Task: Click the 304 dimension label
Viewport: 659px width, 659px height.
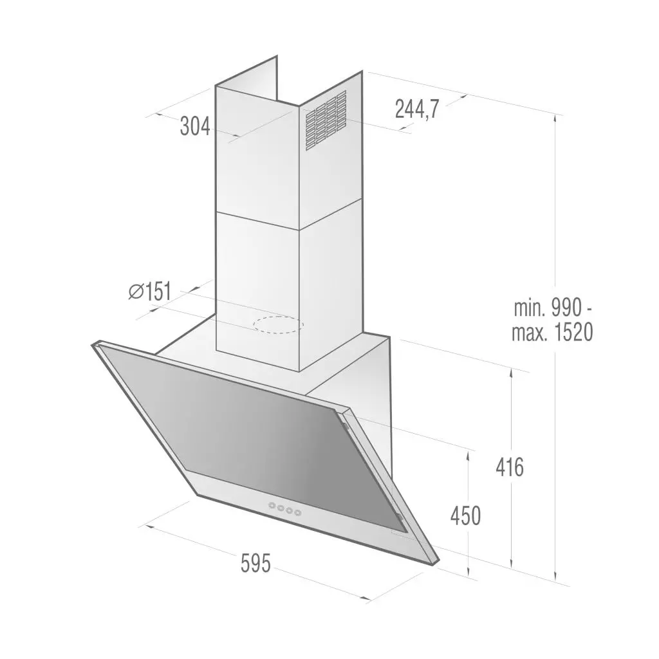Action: [195, 127]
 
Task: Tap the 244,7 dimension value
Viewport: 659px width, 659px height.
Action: [416, 110]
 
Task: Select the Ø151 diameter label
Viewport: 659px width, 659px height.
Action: [149, 292]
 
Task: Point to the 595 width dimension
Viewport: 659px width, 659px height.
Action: [256, 563]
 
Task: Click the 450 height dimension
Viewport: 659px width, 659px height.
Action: [465, 515]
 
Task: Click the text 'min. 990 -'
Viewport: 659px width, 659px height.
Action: [552, 307]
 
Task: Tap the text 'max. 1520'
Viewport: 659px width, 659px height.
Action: [552, 333]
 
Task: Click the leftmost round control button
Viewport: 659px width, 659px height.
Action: [272, 506]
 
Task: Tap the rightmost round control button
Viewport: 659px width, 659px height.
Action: [298, 512]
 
